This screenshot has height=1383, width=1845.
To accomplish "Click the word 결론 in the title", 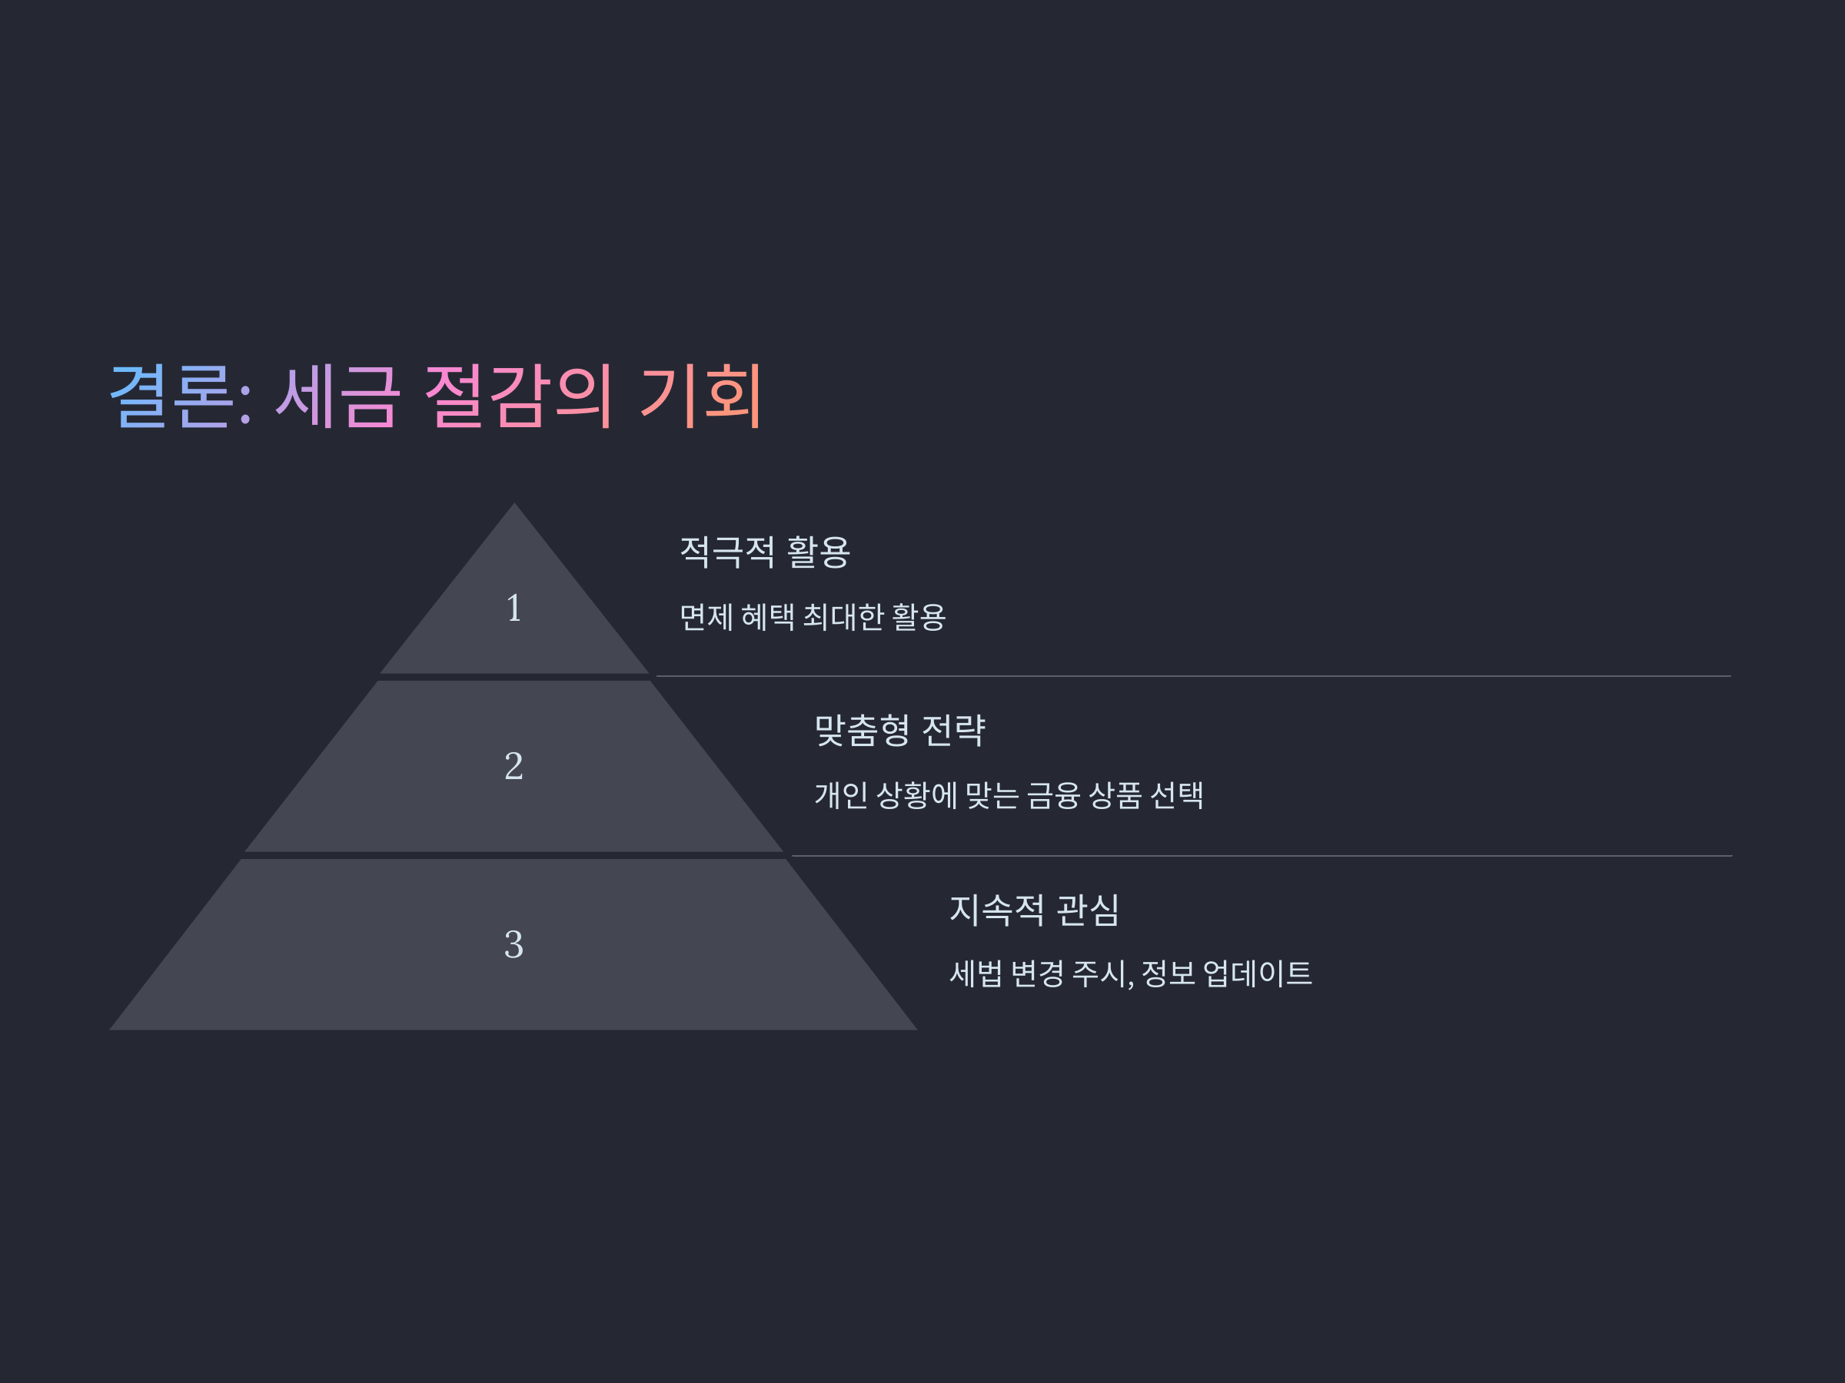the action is (x=170, y=396).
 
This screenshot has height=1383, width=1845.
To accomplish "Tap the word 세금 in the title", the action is (x=337, y=396).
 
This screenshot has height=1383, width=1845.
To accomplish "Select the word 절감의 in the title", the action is (x=519, y=396).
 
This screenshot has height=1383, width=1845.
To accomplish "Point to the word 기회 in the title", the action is (x=700, y=396).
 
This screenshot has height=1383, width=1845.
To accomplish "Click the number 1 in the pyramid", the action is (x=514, y=609).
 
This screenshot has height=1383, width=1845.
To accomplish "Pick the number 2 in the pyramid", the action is (x=514, y=766).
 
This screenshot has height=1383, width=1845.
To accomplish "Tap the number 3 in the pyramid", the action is (x=514, y=944).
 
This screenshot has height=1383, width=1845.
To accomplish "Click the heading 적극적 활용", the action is (x=765, y=552).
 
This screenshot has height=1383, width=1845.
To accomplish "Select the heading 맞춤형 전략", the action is (x=900, y=730).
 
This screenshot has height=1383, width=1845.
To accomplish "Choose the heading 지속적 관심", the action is (x=1034, y=910).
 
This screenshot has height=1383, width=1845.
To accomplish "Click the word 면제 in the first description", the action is (x=706, y=618).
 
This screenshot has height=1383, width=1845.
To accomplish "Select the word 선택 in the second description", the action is (x=1177, y=795).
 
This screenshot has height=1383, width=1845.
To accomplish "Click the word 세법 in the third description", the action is (x=975, y=973).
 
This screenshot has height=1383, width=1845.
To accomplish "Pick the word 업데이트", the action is (x=1257, y=973).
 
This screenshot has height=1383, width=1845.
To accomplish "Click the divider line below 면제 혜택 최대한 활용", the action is (x=1193, y=676).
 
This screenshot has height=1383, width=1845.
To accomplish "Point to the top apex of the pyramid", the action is (x=514, y=506).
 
